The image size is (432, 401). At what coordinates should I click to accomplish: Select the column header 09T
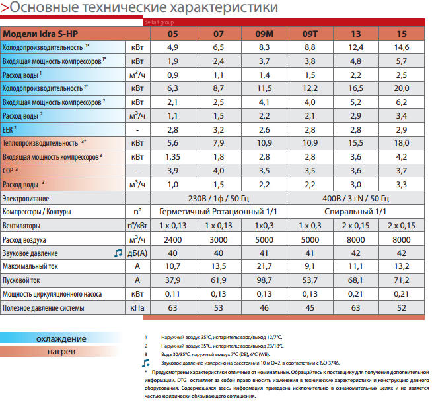tap(309, 33)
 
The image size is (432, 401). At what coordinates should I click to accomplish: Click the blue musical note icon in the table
tap(118, 253)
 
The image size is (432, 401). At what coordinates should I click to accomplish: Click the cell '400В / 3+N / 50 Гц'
tap(355, 198)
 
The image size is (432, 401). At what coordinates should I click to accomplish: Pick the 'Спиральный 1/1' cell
tap(355, 212)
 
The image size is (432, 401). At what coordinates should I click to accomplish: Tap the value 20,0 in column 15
tap(402, 88)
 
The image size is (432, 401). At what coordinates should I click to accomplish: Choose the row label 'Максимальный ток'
tap(30, 266)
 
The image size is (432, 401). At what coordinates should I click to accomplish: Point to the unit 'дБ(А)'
tap(137, 253)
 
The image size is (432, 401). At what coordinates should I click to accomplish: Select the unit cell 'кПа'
tap(137, 308)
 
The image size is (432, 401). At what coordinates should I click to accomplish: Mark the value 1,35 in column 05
tap(172, 157)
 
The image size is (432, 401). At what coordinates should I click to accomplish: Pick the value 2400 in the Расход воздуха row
tap(172, 239)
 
